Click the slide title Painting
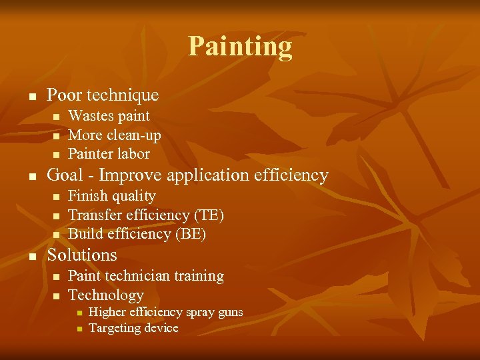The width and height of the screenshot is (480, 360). (x=240, y=47)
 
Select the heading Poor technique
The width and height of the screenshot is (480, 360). (x=103, y=95)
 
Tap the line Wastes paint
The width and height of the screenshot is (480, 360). (x=109, y=116)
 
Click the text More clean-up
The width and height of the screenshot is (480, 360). (x=115, y=135)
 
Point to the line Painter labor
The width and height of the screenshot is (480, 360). (x=109, y=153)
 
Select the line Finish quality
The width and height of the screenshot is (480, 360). (x=112, y=196)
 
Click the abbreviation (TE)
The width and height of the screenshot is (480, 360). (x=209, y=215)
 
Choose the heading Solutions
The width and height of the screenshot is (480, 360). (x=82, y=255)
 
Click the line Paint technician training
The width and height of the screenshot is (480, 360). (x=146, y=276)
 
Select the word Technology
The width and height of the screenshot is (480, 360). (x=106, y=295)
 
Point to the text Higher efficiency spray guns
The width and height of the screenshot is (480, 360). (x=165, y=312)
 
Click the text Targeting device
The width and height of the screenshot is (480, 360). (x=133, y=328)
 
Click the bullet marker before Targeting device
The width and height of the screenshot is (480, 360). (x=78, y=329)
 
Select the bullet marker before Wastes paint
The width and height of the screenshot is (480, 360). (x=56, y=117)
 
